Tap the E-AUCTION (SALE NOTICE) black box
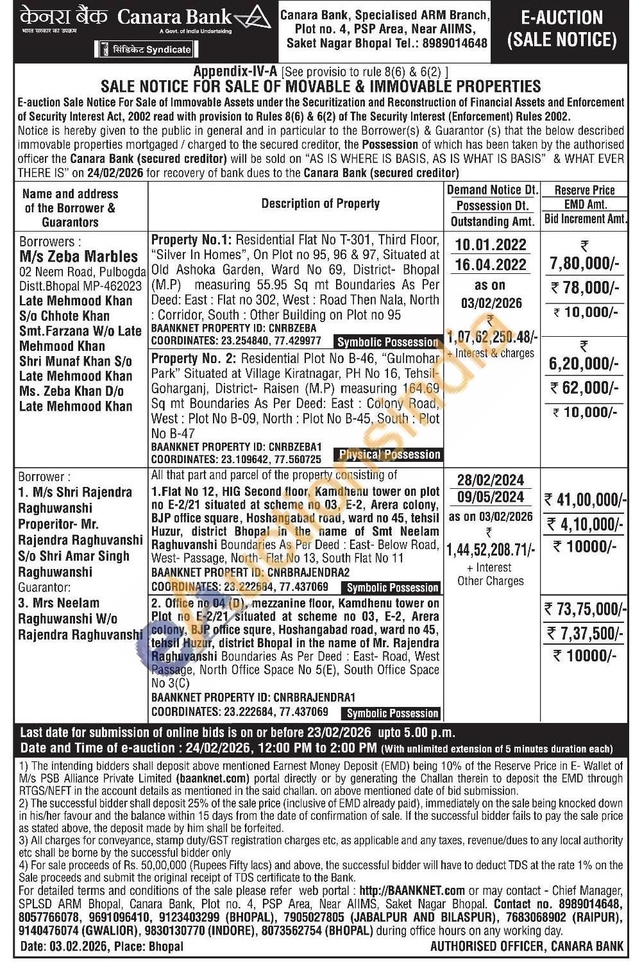[x=562, y=30]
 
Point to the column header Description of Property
[x=320, y=204]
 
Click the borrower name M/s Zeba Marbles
[x=78, y=257]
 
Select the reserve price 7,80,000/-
[x=584, y=264]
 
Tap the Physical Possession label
[x=389, y=455]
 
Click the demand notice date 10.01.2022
[x=491, y=244]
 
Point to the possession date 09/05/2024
[x=491, y=497]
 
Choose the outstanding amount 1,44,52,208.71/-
[x=491, y=548]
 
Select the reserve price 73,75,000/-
[x=584, y=608]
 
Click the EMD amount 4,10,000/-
[x=584, y=525]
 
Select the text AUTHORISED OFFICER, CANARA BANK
[x=527, y=946]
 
